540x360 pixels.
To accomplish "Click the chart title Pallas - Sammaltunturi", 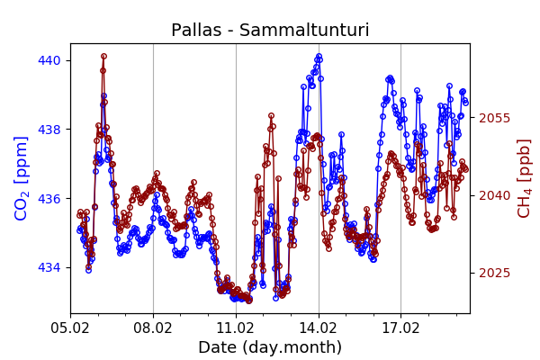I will [x=270, y=31].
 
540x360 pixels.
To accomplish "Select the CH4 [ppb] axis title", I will [x=525, y=177].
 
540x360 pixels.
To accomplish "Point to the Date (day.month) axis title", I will [x=270, y=347].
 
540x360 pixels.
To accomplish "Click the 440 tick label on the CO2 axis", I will [x=50, y=60].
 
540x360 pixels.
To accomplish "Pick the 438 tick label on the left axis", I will [x=50, y=130].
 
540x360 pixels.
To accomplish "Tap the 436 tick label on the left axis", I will [x=50, y=199].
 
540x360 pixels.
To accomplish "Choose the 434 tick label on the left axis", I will [x=50, y=267].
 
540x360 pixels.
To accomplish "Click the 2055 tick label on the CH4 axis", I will [x=494, y=118].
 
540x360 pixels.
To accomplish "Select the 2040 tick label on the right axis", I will [x=494, y=195].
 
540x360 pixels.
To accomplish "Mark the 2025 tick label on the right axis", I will [x=494, y=273].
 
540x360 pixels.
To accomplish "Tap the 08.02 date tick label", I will [x=153, y=328].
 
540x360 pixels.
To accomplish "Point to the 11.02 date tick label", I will [x=236, y=328].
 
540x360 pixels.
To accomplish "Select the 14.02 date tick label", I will [x=319, y=328].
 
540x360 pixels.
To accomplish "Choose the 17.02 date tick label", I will [x=401, y=328].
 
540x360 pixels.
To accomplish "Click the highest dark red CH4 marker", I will [x=103, y=57].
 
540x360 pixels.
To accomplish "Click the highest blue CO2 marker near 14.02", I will [x=319, y=57].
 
